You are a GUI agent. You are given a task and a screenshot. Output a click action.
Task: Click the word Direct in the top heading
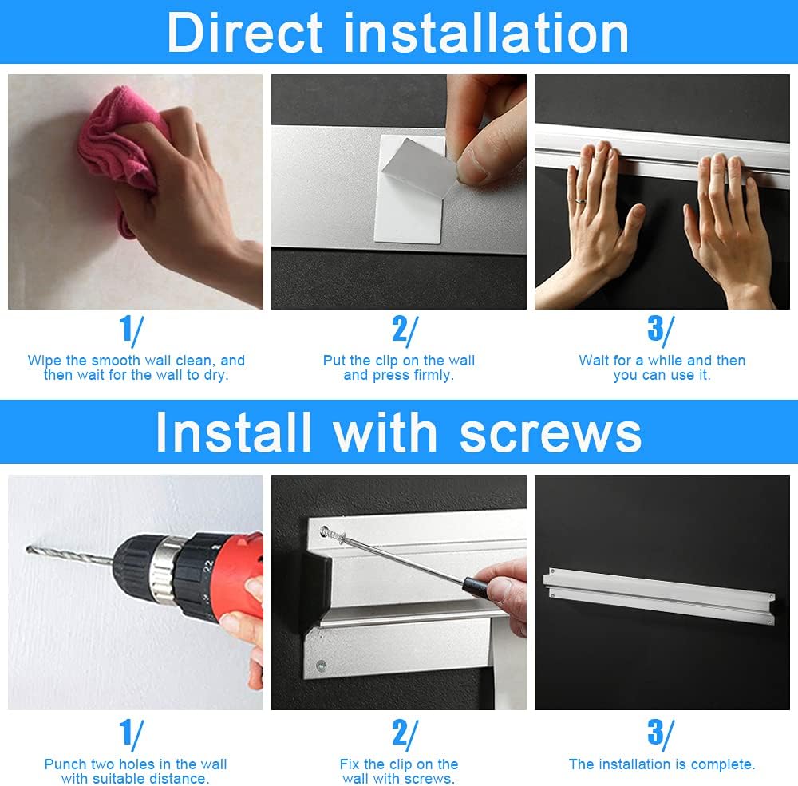point(245,33)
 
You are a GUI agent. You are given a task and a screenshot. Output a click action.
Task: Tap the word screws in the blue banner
point(550,432)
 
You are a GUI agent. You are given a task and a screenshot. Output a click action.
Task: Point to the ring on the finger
point(581,201)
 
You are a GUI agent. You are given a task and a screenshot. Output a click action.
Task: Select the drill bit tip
point(27,548)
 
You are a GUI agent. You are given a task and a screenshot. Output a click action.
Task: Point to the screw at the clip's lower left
point(321,665)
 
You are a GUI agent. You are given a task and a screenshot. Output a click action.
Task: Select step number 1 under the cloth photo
point(132,330)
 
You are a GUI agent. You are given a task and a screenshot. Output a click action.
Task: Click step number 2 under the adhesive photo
point(405,330)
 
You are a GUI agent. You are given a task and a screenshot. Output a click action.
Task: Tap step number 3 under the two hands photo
point(661,330)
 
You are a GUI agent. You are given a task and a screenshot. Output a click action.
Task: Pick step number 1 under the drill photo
point(132,735)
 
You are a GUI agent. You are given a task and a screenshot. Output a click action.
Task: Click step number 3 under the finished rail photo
point(661,735)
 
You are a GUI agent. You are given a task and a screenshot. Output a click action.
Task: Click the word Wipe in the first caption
point(44,361)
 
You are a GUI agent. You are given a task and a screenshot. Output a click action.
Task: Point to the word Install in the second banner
point(233,432)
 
